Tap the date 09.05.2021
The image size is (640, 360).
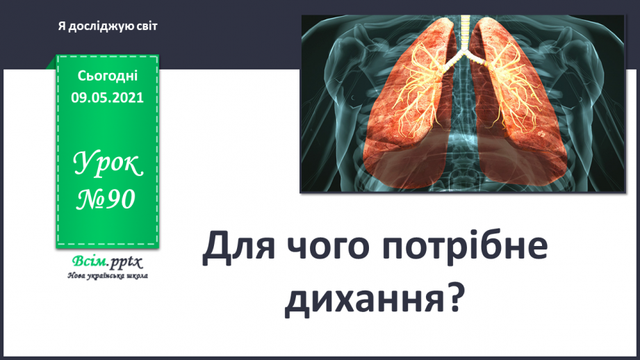click(x=108, y=97)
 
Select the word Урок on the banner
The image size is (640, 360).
click(x=108, y=165)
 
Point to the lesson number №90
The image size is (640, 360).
click(x=108, y=199)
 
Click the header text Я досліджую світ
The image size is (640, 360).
click(x=108, y=26)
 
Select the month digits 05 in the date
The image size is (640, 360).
click(x=103, y=97)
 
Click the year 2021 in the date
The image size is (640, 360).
click(x=129, y=97)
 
